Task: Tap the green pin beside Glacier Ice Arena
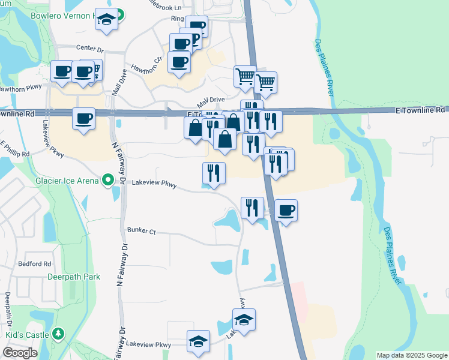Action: (x=108, y=179)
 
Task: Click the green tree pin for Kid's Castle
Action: (x=58, y=333)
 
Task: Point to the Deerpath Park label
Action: (x=74, y=277)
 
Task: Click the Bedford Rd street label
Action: (x=35, y=263)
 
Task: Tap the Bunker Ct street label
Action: (x=141, y=230)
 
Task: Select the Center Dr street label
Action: (x=90, y=47)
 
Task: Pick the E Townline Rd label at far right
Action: (x=420, y=110)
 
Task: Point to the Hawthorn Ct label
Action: (x=147, y=64)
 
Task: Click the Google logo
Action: (x=20, y=353)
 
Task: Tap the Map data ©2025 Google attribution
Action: (x=411, y=355)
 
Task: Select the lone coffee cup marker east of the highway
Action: (x=286, y=211)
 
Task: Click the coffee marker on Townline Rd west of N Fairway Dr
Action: (x=83, y=118)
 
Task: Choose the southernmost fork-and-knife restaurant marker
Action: (x=252, y=208)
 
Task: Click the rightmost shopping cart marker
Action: (x=265, y=82)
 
